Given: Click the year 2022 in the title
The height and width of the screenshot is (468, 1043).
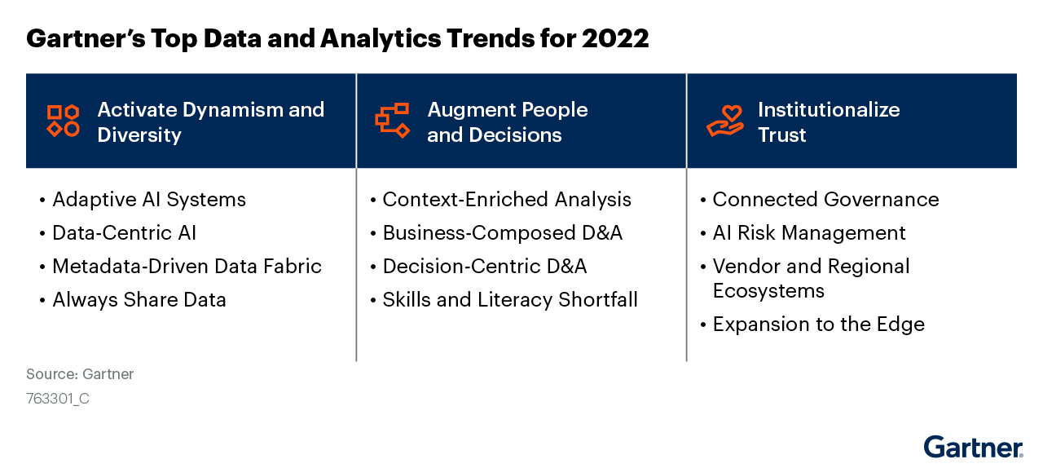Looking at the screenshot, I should coord(615,38).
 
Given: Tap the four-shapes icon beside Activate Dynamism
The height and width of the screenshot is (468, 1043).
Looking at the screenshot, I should coord(63,121).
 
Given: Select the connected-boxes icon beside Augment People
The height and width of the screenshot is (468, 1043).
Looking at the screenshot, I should coord(392,121).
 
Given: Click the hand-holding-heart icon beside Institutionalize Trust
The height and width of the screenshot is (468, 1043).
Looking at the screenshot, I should coord(724,121).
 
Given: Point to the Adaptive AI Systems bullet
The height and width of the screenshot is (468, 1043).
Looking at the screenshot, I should coord(148,200).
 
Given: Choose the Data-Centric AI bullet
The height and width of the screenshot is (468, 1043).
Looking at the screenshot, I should coord(124,233).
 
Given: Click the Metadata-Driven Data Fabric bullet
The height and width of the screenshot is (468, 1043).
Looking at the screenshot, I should coord(187,267).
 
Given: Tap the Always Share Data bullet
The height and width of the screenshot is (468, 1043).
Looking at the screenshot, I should coord(139,300).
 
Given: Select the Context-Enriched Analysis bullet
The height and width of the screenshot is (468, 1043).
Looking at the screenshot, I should coord(506,200).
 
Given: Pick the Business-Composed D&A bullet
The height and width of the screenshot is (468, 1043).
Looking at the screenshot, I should coord(502,233).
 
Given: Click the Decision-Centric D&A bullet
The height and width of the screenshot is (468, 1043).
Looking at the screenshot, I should coord(484,267).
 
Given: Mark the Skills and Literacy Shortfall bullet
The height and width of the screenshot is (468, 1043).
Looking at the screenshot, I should coord(509,300).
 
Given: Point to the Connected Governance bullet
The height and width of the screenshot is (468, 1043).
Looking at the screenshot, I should coord(825,200).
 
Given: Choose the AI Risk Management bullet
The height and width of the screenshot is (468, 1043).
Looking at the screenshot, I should coord(808,233).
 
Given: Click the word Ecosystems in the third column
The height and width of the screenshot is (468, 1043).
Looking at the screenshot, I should coord(768,291).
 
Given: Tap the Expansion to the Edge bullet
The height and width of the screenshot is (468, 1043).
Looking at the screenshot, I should coord(818,325).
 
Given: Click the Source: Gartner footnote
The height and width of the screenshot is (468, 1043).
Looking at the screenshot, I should coord(80,374).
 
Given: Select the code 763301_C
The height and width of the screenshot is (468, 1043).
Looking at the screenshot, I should coord(58,399).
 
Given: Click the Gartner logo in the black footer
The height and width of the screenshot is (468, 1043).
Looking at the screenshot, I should coord(973,448).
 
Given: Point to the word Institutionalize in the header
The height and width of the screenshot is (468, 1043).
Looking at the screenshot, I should coord(829,110).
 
